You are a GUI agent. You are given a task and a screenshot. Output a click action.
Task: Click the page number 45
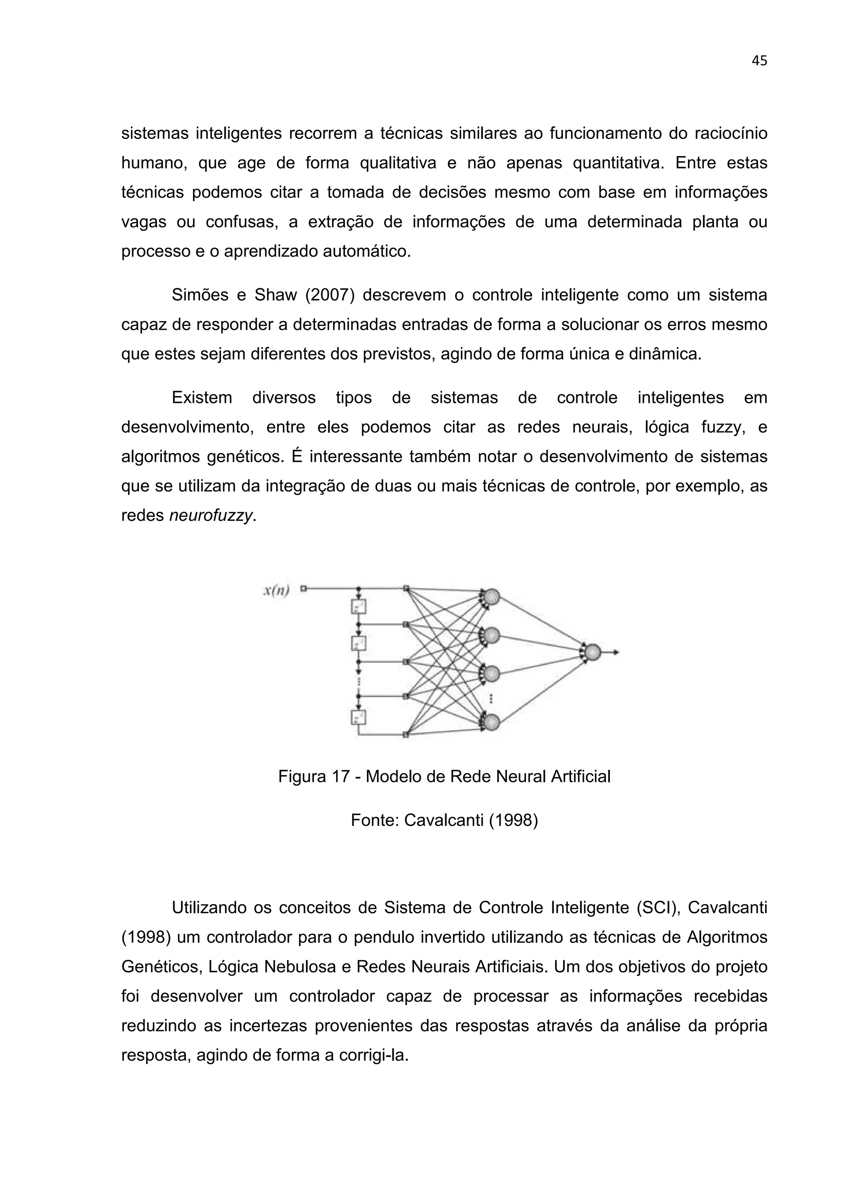(759, 61)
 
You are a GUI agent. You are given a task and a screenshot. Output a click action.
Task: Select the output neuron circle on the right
(592, 652)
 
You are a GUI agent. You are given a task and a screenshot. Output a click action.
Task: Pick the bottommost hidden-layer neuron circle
(491, 722)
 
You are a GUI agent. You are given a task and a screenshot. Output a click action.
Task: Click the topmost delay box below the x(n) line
(359, 606)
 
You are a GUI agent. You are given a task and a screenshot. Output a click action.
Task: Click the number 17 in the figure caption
(341, 777)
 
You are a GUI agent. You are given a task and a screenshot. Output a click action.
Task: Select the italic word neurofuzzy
(211, 516)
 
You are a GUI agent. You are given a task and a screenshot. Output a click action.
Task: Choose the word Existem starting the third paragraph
(202, 398)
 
